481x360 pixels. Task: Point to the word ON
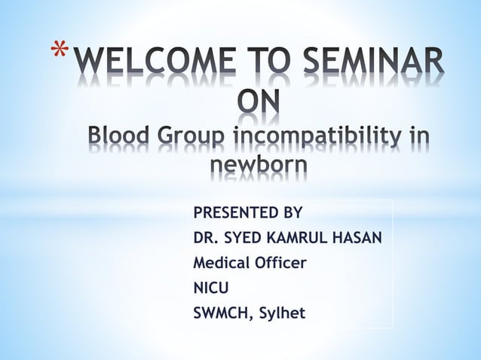pos(257,105)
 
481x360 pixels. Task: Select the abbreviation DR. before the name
pos(207,239)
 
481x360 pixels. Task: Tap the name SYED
pos(246,239)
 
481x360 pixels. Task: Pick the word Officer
pos(281,263)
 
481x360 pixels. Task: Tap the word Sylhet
pos(281,312)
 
